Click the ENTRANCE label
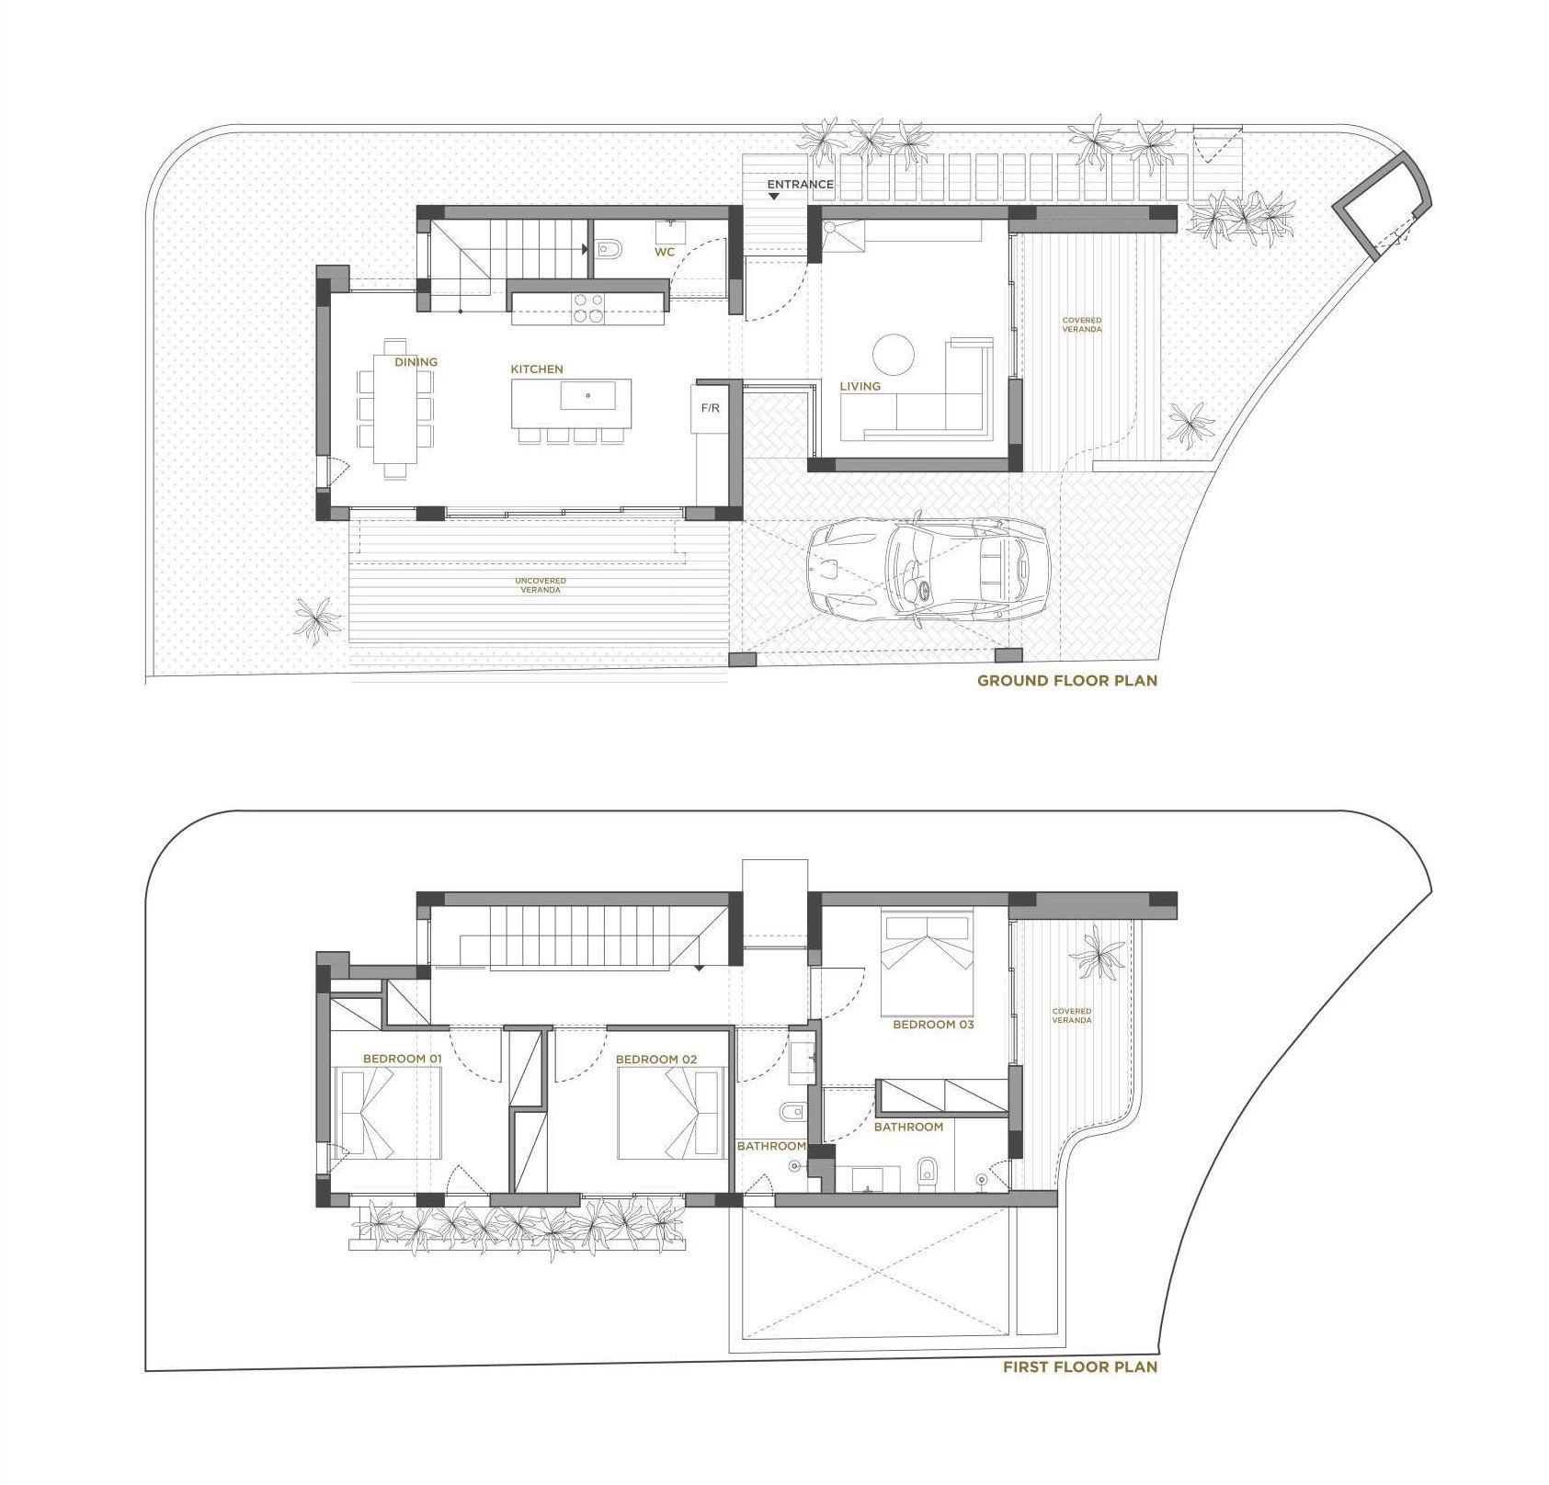coord(800,184)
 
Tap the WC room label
coord(665,252)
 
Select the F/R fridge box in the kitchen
coord(711,407)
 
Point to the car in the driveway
coord(928,571)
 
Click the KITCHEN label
coord(537,368)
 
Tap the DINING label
coord(416,362)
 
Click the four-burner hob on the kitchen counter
coord(588,308)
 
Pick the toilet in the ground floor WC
coord(609,248)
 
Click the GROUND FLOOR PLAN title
coord(1067,681)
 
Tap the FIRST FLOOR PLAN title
coord(1080,1366)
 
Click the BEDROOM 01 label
coord(403,1059)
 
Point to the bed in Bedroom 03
coord(928,963)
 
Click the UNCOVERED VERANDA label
coord(541,585)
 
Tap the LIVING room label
coord(860,386)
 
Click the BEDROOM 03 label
coord(933,1024)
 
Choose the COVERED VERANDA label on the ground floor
coord(1082,324)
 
